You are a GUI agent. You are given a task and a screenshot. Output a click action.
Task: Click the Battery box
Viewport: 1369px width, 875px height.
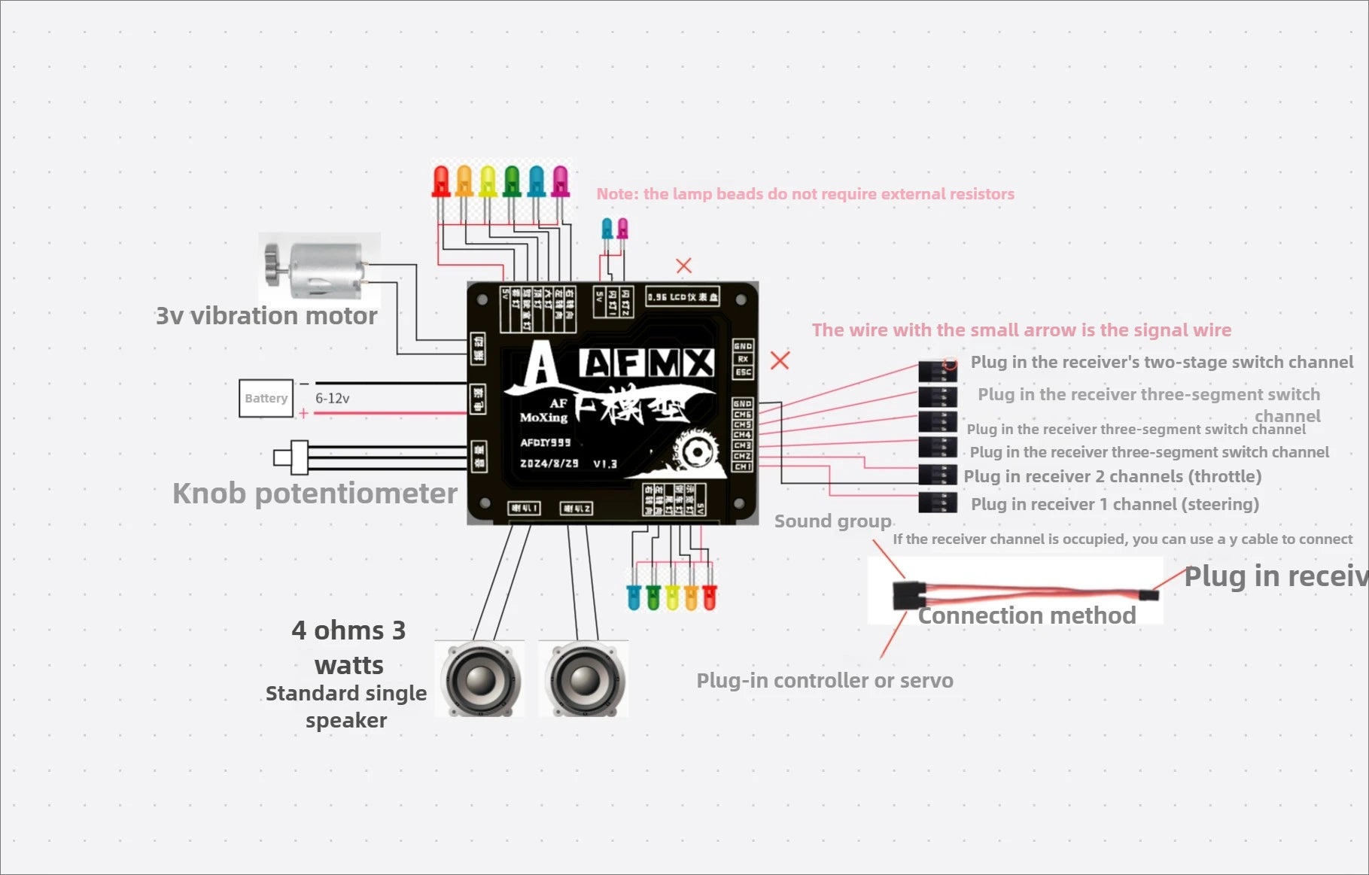tap(266, 398)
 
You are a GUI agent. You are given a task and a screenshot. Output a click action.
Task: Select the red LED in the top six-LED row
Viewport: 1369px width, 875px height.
tap(440, 183)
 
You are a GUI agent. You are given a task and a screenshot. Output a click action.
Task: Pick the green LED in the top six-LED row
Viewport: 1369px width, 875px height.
tap(512, 181)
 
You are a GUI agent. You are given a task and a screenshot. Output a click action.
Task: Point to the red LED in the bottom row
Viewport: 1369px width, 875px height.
tap(709, 596)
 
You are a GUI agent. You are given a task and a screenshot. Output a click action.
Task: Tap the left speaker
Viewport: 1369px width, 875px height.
tap(481, 679)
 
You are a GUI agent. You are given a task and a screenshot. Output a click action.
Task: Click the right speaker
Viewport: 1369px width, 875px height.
tap(585, 679)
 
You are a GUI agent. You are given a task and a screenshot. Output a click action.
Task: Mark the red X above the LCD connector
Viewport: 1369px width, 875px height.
tap(683, 266)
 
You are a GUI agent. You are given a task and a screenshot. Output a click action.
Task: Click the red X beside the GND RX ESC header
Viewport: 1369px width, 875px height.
tap(780, 360)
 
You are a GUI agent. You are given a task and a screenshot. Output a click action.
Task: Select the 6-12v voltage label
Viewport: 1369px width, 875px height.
tap(332, 398)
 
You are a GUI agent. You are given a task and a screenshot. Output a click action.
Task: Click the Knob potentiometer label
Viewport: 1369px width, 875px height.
tap(315, 494)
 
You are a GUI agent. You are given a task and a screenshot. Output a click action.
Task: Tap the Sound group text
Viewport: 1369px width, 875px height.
tap(832, 521)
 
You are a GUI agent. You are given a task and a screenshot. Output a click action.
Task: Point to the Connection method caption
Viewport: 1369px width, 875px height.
tap(1027, 615)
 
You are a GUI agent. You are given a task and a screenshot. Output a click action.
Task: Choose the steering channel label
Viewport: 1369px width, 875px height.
tap(1115, 504)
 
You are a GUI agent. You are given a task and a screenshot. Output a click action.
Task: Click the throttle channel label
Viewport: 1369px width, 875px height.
tap(1112, 476)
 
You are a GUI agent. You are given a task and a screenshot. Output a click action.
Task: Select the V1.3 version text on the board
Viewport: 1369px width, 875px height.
tap(604, 463)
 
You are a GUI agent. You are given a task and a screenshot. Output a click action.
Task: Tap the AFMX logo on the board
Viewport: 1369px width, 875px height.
tap(647, 363)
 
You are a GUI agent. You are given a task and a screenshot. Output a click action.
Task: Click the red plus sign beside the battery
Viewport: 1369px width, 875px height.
tap(303, 413)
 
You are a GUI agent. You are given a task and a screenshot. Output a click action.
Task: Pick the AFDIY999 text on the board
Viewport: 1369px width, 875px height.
tap(546, 442)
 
